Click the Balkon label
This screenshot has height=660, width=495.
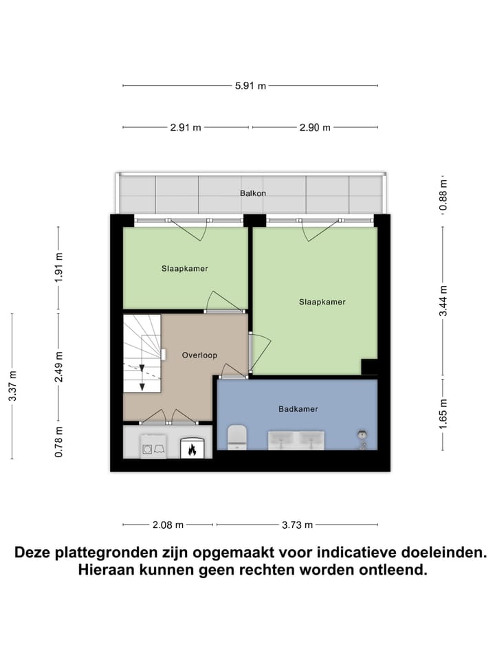pyautogui.click(x=252, y=193)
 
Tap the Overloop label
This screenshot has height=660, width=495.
pyautogui.click(x=199, y=355)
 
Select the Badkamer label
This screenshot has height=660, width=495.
pyautogui.click(x=298, y=409)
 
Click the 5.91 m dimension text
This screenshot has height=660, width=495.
pyautogui.click(x=250, y=86)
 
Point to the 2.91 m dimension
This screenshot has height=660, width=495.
pyautogui.click(x=186, y=128)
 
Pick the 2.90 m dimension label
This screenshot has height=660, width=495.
pyautogui.click(x=314, y=128)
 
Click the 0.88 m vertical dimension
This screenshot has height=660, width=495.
pyautogui.click(x=443, y=195)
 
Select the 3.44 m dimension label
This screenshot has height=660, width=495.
pyautogui.click(x=443, y=300)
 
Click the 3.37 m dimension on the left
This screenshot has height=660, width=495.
pyautogui.click(x=13, y=386)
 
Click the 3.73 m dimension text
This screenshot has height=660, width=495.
pyautogui.click(x=297, y=525)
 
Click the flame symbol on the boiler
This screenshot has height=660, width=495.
pyautogui.click(x=192, y=450)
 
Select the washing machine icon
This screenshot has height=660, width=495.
pyautogui.click(x=153, y=448)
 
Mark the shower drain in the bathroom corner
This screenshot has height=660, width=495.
pyautogui.click(x=362, y=434)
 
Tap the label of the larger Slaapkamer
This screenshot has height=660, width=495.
pyautogui.click(x=322, y=302)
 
